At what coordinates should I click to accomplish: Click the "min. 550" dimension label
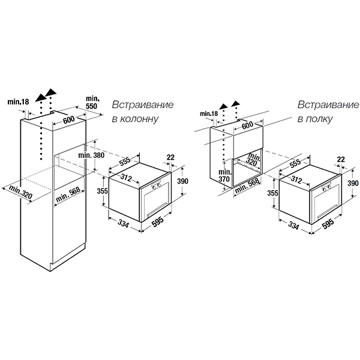click(92, 103)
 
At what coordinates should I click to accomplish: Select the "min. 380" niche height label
click(91, 155)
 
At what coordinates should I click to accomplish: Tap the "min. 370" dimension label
click(224, 175)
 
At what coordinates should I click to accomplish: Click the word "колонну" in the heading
click(139, 119)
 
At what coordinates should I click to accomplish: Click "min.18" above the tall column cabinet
click(18, 101)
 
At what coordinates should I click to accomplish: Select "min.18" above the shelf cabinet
click(209, 113)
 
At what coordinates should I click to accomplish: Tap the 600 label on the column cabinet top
click(68, 119)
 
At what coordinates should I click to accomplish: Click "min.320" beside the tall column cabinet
click(20, 192)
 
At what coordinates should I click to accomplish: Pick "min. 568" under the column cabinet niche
click(68, 194)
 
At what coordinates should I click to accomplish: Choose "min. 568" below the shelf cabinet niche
click(247, 185)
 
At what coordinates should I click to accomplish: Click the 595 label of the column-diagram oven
click(158, 221)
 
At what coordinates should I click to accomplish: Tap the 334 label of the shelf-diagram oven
click(293, 226)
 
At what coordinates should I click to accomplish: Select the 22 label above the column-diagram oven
click(170, 157)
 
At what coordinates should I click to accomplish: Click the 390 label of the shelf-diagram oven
click(353, 183)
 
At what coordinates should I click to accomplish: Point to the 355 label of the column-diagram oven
click(102, 191)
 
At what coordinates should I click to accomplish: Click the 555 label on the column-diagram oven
click(125, 161)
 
